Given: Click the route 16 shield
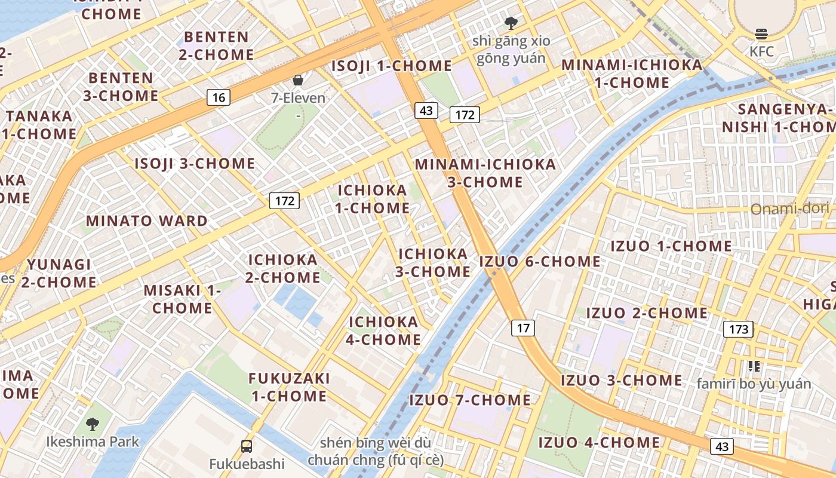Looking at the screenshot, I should pos(219,97).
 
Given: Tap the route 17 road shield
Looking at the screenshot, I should pos(523,327).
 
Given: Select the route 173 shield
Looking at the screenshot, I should pos(738,329).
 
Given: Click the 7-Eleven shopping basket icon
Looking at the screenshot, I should pos(297,80).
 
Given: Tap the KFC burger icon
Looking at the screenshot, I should pos(761,34).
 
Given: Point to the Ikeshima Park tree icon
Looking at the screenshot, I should pos(92,424).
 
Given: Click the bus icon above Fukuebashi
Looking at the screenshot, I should pos(246,446).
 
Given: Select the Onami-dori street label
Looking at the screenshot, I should pos(789,209).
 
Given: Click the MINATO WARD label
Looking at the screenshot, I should pos(147,220).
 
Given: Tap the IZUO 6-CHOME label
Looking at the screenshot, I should pos(540,261).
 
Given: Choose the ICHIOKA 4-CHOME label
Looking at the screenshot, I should pos(384,331).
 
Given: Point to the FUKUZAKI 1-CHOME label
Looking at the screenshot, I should pos(289,387).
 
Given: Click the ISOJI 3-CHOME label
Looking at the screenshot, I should pos(195,164).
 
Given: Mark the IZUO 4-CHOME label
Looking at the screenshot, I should pos(599,443).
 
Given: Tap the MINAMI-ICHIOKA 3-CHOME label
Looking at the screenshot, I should pos(485,173).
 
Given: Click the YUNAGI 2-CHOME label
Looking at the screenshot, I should pos(59,273).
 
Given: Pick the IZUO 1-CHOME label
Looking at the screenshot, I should pos(671,246).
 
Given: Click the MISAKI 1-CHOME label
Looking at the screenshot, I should pos(182,299).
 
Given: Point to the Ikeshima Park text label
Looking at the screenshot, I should pos(93,442).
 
